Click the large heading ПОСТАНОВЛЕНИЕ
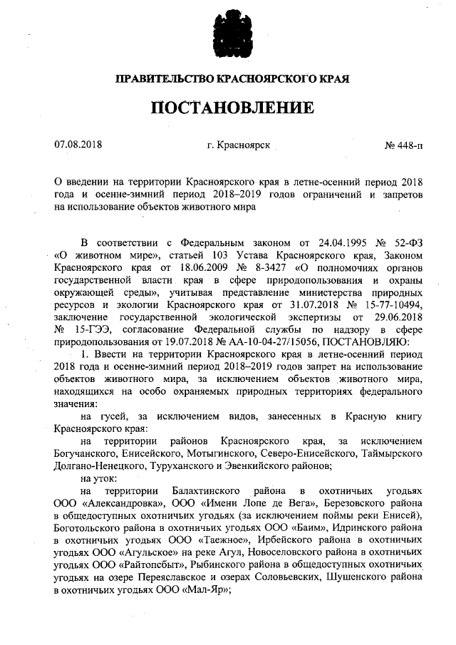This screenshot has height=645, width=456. pyautogui.click(x=232, y=108)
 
